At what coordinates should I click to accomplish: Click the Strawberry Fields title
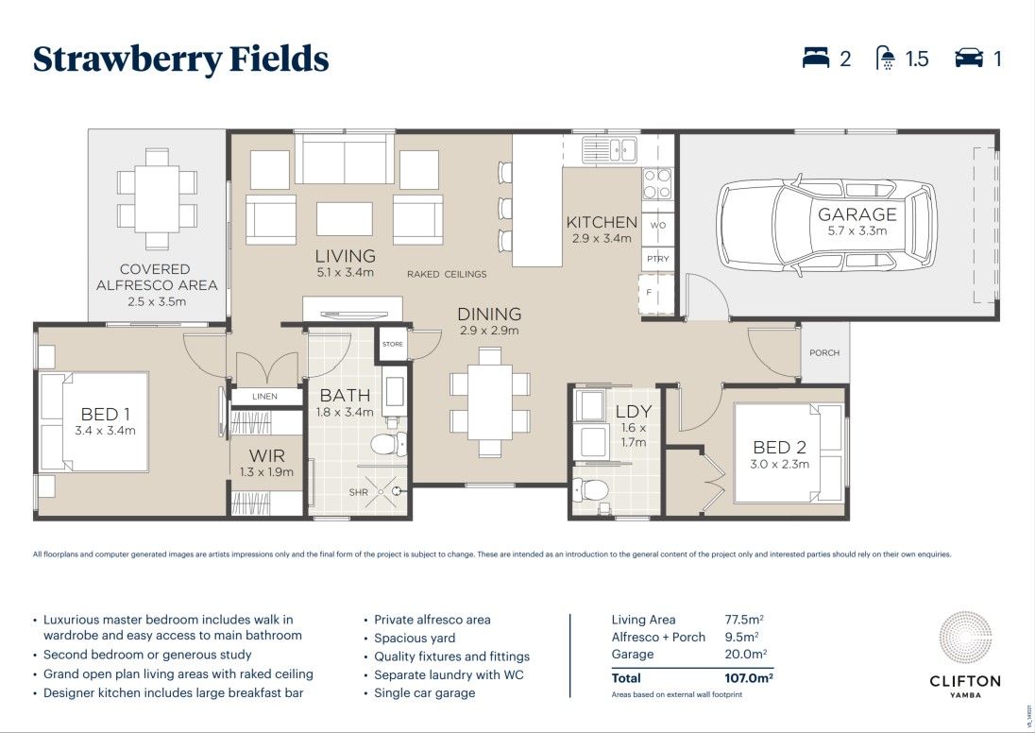coord(180,60)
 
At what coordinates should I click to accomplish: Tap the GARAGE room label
coord(857,214)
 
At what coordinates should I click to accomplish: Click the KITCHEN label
coord(602,223)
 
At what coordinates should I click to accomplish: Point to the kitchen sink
coord(609,148)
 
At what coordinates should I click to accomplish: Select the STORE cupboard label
coord(393,344)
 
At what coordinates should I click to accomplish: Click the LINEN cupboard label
coord(265,397)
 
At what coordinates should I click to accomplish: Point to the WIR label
coord(265,456)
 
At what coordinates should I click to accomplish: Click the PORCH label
coord(824,353)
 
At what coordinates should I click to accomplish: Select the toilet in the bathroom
coord(388,443)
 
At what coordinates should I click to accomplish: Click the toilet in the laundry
coord(591,490)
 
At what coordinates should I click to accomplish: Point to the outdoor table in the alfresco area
coord(157,198)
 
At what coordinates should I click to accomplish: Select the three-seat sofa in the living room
coord(344,159)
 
